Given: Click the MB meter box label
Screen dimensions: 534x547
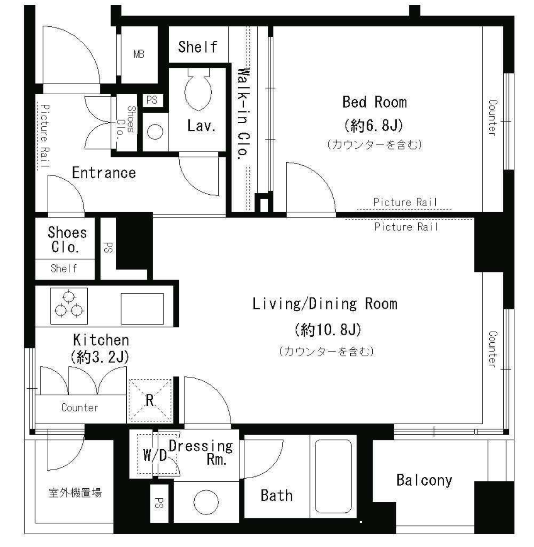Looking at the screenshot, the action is tap(139, 54).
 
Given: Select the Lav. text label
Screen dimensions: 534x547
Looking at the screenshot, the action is tap(202, 126).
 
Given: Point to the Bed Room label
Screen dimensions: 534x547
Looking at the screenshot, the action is tap(374, 102).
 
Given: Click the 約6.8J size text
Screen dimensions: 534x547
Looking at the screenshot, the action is tap(374, 125).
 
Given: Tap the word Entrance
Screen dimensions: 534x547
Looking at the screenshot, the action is tap(104, 173).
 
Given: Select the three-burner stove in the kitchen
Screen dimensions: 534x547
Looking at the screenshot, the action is tap(69, 306).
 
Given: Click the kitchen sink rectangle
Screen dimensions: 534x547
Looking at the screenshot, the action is tap(142, 309).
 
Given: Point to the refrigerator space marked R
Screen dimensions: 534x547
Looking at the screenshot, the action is tap(150, 400).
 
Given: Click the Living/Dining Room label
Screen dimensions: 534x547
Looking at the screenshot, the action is tap(325, 304).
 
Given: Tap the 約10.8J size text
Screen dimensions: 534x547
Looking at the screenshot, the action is tap(328, 330).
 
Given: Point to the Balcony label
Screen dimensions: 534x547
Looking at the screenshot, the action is tap(424, 480).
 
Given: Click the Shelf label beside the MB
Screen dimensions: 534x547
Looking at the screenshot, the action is tap(198, 46).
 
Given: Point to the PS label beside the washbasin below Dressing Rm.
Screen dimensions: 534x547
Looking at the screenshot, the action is tap(159, 503).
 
